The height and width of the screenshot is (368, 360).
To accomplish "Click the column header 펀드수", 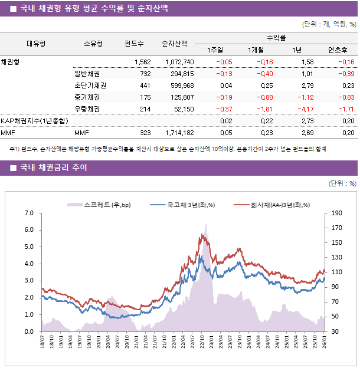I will click(134, 43).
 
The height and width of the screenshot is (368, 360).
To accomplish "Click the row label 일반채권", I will click(87, 74).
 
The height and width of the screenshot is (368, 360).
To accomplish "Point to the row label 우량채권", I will click(87, 109).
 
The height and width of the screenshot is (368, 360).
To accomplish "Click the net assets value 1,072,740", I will click(179, 62).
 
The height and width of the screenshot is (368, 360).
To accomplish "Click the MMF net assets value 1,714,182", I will click(179, 133).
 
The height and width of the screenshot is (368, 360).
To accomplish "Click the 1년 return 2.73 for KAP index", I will click(307, 121).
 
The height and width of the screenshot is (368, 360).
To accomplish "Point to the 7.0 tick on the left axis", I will click(30, 213).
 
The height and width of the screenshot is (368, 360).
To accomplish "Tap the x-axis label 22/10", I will click(201, 343).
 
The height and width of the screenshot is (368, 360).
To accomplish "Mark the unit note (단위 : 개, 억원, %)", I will click(329, 24).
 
